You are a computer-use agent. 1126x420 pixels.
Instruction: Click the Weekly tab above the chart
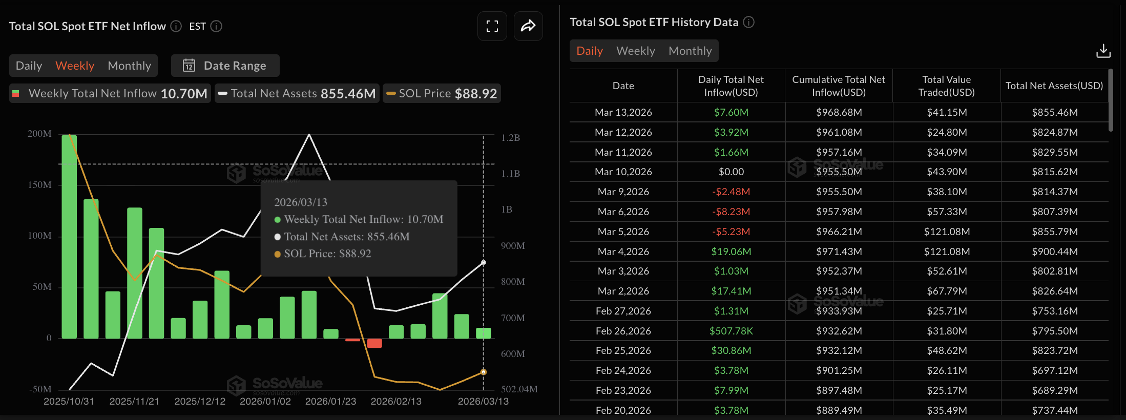click(x=75, y=66)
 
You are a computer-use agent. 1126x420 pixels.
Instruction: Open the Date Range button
click(x=225, y=66)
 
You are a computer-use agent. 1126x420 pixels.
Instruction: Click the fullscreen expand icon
click(x=492, y=26)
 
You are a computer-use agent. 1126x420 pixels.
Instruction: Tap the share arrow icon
click(x=528, y=26)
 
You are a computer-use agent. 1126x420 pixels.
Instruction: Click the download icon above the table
click(x=1103, y=51)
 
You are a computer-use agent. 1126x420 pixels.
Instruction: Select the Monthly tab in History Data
click(x=690, y=51)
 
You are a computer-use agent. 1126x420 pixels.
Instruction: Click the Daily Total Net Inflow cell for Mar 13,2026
click(x=731, y=112)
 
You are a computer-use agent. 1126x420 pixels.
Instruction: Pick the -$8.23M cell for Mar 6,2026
click(x=731, y=212)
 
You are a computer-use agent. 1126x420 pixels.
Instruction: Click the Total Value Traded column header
click(x=946, y=86)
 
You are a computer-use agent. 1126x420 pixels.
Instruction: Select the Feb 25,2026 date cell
click(x=623, y=350)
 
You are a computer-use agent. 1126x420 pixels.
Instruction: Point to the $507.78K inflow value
click(x=731, y=331)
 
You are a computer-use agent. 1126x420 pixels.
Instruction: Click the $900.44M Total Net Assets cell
click(x=1054, y=251)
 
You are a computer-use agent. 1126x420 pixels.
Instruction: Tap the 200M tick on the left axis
click(x=39, y=134)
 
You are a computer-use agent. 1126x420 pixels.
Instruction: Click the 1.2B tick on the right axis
click(x=510, y=138)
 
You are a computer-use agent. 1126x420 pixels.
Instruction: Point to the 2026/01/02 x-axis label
click(x=265, y=401)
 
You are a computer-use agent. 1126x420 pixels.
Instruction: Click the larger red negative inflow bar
click(x=374, y=343)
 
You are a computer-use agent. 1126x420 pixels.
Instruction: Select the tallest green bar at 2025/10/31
click(x=69, y=236)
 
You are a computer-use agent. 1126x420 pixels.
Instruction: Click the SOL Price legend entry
click(x=442, y=93)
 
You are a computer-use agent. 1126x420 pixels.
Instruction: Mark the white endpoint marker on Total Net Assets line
click(x=483, y=263)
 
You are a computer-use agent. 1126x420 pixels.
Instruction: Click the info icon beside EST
click(x=216, y=26)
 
